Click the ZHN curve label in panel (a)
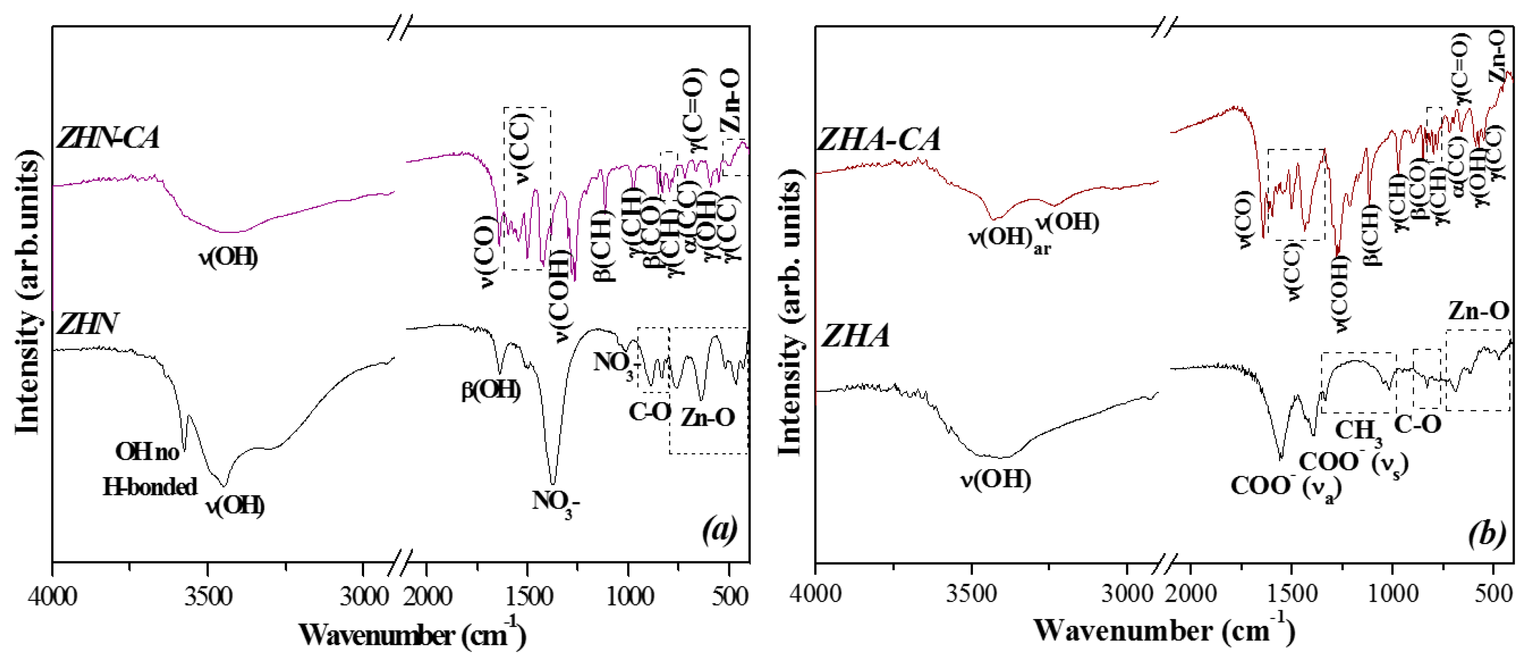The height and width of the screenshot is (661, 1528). [87, 324]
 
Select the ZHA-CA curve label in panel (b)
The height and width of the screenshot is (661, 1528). [878, 140]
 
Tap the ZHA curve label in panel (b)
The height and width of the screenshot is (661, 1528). [854, 336]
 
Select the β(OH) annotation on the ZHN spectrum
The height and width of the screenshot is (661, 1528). [491, 390]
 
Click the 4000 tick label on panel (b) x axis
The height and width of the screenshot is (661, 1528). [815, 594]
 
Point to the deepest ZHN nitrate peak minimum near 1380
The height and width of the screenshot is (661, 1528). [553, 484]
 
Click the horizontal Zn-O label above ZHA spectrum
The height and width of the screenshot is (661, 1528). [1478, 311]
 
